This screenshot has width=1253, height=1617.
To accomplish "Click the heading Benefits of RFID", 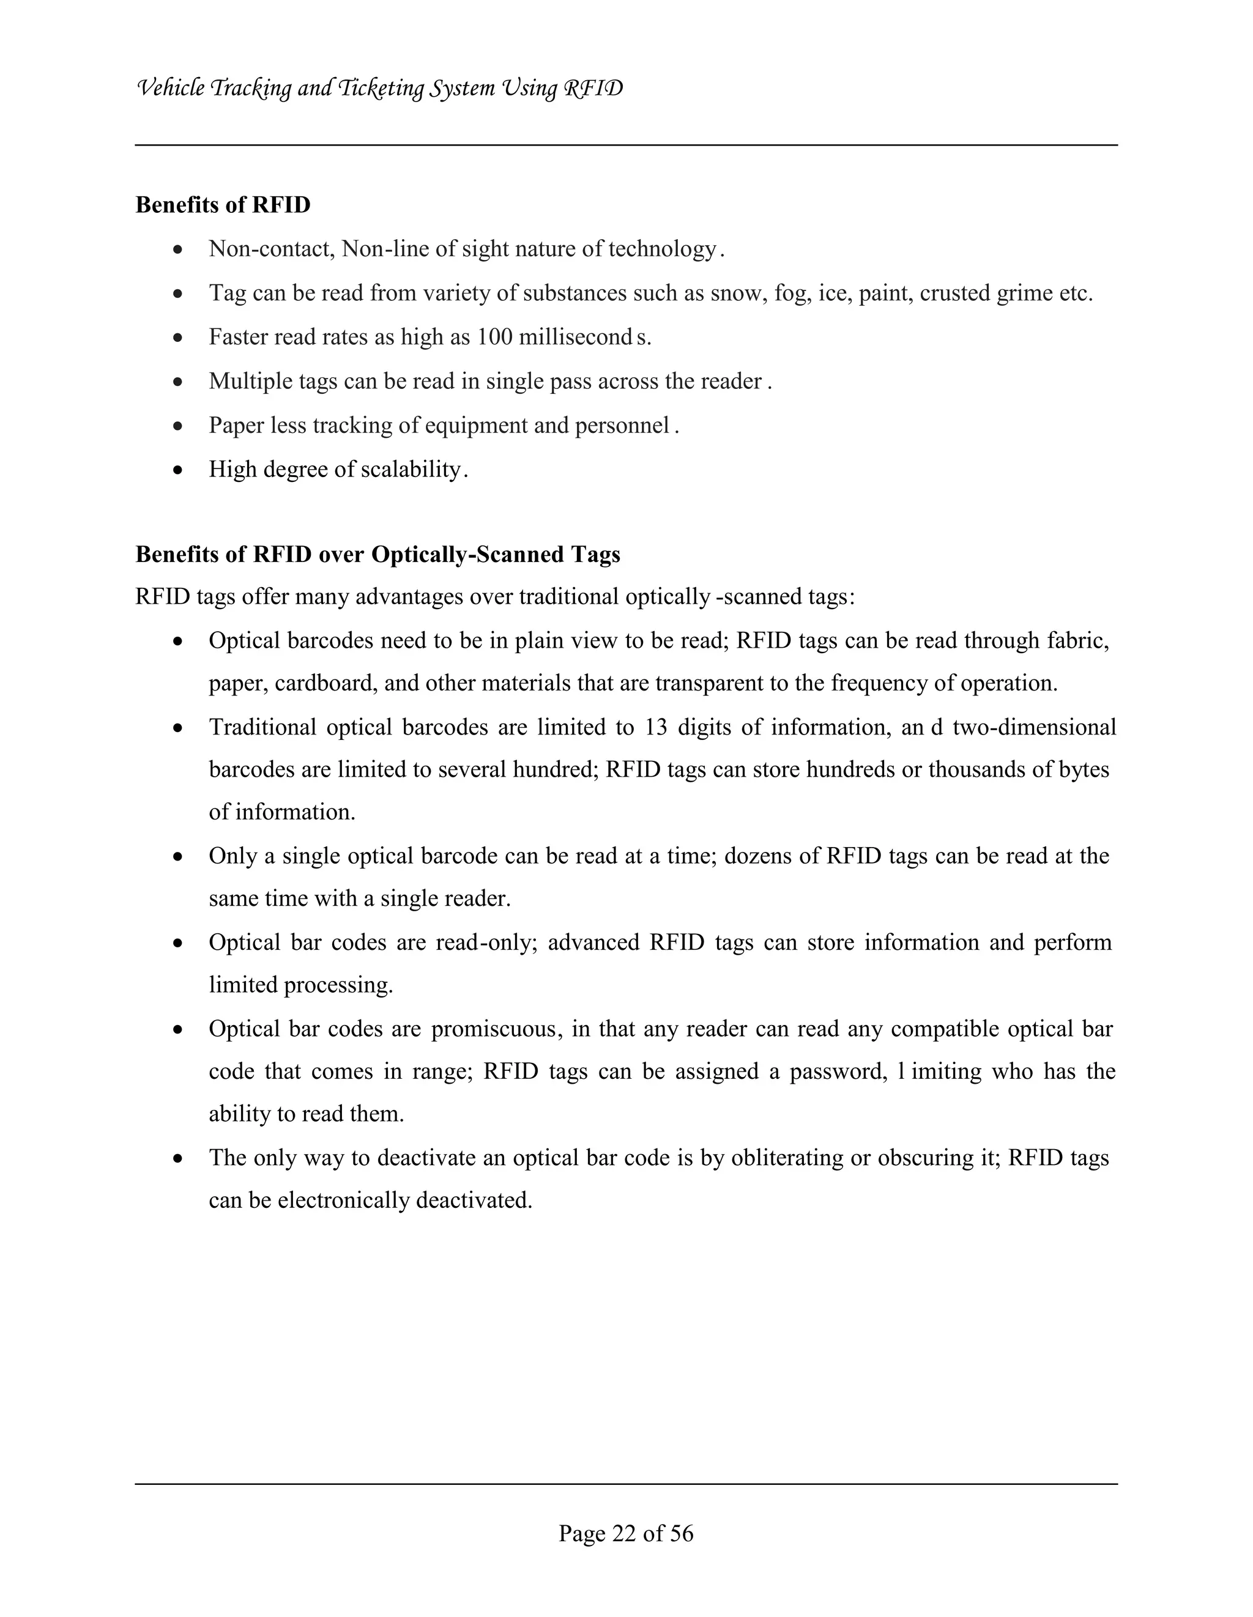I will [x=223, y=205].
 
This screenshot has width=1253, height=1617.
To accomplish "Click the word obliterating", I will [x=786, y=1158].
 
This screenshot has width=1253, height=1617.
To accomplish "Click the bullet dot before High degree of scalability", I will [x=177, y=470].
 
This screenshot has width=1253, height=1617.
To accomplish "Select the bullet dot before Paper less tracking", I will [x=177, y=426].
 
